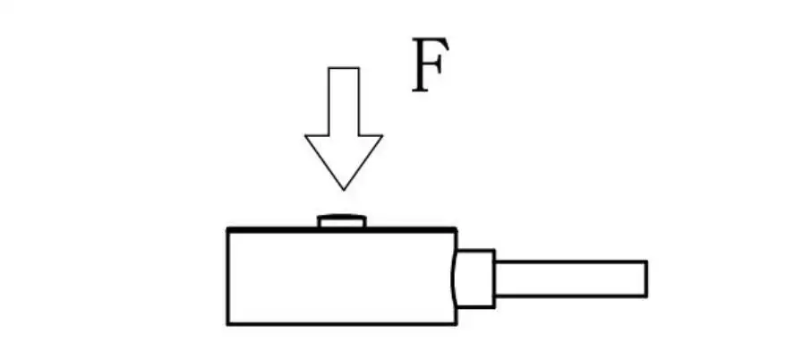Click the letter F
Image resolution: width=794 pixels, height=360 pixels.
(x=429, y=66)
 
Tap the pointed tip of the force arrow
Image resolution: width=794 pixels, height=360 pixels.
(x=344, y=188)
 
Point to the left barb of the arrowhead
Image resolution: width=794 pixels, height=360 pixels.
(x=307, y=137)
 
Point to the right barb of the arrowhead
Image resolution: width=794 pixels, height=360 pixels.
(x=381, y=137)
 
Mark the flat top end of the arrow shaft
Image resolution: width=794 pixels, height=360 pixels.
(x=344, y=68)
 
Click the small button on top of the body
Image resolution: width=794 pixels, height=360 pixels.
(x=341, y=221)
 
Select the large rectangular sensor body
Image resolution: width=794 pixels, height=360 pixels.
(x=341, y=277)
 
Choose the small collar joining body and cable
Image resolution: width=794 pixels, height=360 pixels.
(x=475, y=279)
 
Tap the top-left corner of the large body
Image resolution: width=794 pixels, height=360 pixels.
(x=228, y=230)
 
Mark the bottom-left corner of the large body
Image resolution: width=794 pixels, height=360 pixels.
(x=228, y=323)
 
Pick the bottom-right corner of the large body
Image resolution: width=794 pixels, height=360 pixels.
(x=456, y=323)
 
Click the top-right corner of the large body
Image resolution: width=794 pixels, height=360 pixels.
(x=456, y=230)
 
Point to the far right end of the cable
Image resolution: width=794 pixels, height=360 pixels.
(x=645, y=279)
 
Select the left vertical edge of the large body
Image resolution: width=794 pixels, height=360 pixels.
(x=228, y=277)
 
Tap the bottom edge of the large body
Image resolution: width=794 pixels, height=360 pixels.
(x=341, y=323)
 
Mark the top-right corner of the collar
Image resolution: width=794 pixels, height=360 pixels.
(x=494, y=251)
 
